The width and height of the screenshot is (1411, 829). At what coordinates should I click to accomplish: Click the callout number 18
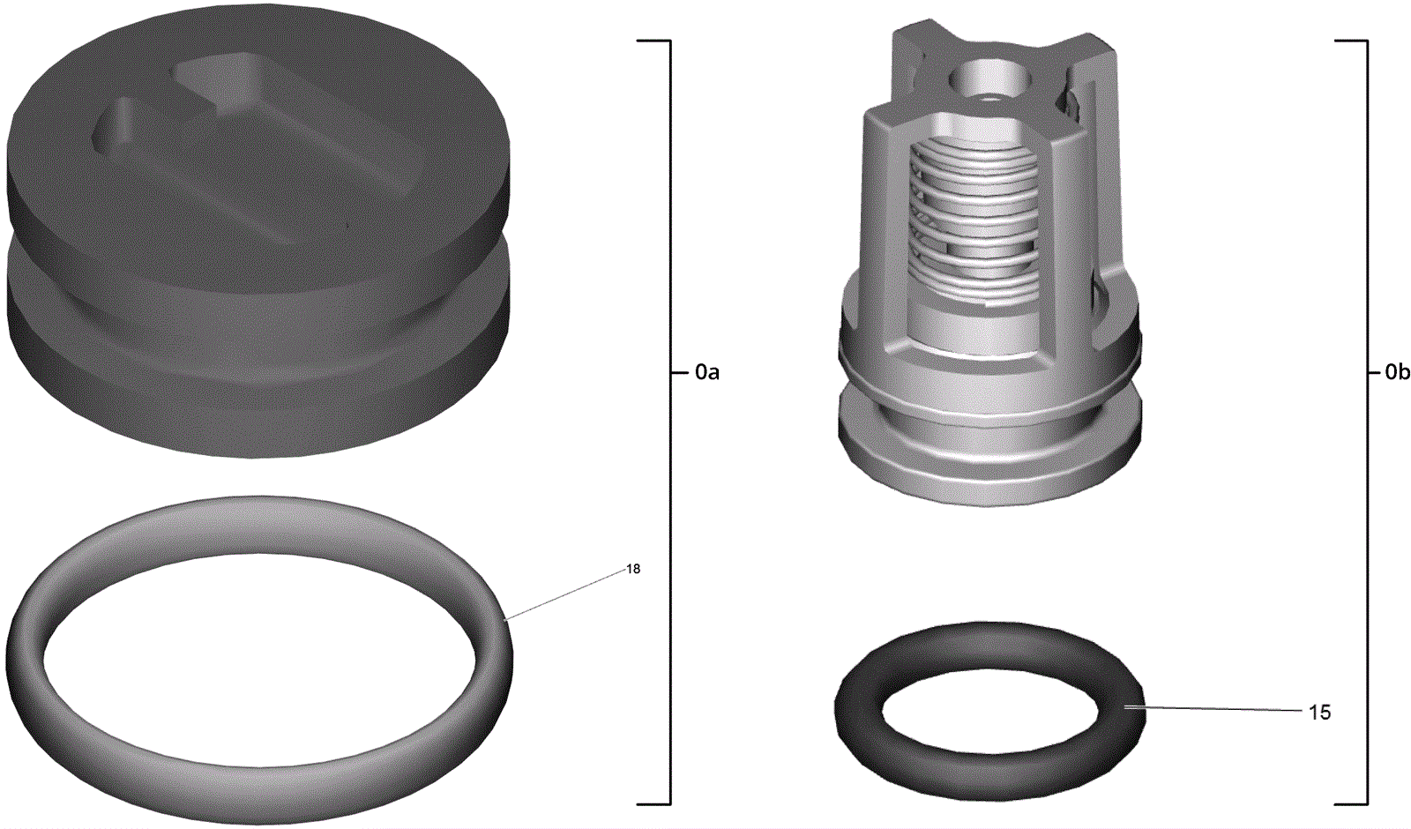tap(633, 569)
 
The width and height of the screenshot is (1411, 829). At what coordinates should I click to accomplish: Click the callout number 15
tap(1319, 713)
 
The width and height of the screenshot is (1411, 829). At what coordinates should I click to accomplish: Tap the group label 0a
tap(707, 373)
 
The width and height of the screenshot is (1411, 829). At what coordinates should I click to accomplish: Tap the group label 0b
tap(1397, 373)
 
